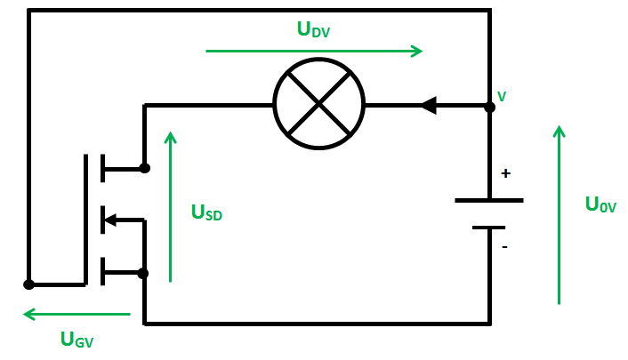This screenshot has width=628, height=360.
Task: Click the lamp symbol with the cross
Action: (x=318, y=105)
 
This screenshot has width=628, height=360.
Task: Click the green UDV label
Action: (x=315, y=29)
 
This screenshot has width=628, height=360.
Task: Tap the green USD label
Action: (x=206, y=212)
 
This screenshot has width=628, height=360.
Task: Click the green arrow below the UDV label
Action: (x=314, y=52)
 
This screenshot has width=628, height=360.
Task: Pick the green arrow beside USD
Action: (x=171, y=205)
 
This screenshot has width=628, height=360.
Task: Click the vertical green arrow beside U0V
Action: (x=559, y=214)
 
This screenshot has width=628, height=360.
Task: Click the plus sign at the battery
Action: (x=506, y=174)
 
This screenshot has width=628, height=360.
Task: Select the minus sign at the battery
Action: (x=505, y=247)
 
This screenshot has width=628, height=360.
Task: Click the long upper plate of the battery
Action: (x=488, y=200)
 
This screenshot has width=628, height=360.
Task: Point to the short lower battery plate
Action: (x=488, y=228)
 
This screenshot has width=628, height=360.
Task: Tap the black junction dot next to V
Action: (x=489, y=106)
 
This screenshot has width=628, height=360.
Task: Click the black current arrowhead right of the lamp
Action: (x=428, y=106)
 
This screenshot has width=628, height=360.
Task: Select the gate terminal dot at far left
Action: (x=28, y=284)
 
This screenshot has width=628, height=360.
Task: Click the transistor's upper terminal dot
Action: (x=144, y=167)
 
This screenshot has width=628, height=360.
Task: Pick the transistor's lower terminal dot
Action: (x=144, y=273)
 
